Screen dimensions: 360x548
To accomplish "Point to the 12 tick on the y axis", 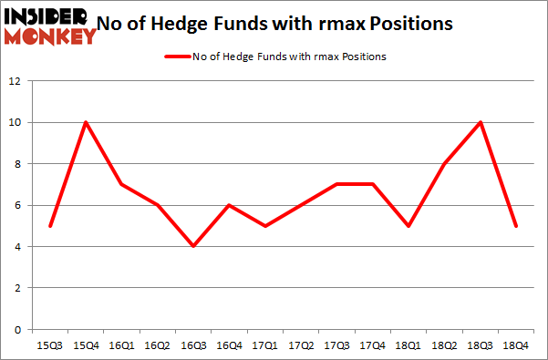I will tap(16, 81).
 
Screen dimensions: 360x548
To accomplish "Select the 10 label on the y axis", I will tap(16, 122).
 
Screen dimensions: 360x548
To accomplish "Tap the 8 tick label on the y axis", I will tap(18, 164).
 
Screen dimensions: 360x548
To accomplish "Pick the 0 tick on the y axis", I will tap(18, 329).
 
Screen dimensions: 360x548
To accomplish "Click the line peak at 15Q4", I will tap(87, 122).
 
